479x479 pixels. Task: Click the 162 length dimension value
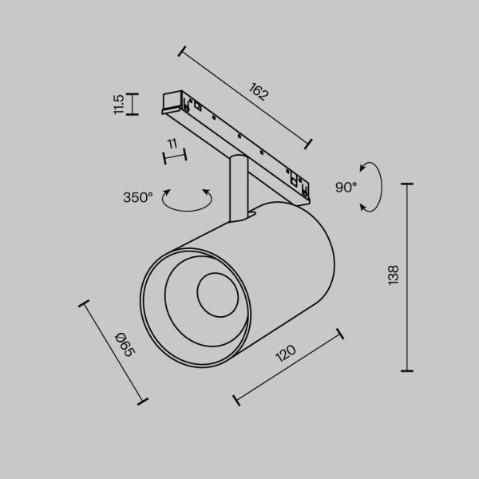click(x=258, y=92)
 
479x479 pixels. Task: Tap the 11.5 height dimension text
click(x=119, y=104)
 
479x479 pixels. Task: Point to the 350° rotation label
click(x=137, y=197)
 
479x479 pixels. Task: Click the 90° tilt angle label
click(x=346, y=187)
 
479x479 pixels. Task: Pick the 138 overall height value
click(x=393, y=275)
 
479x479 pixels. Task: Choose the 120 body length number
click(x=285, y=353)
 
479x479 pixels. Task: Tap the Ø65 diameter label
click(x=124, y=344)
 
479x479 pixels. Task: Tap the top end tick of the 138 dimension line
click(x=407, y=184)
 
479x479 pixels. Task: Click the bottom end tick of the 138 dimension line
click(x=407, y=370)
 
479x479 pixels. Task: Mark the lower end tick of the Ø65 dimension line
click(x=143, y=401)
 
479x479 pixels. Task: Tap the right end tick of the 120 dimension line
click(x=339, y=334)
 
